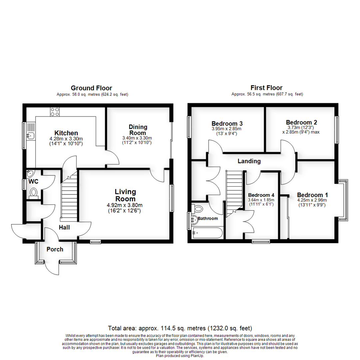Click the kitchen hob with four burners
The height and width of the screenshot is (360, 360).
[55, 112]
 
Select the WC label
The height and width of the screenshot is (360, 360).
[33, 182]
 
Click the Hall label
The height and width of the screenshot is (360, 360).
[64, 227]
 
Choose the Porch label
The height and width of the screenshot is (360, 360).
[55, 249]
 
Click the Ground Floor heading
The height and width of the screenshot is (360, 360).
[91, 88]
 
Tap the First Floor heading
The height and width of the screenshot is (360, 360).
[267, 88]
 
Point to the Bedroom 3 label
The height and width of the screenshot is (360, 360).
[227, 122]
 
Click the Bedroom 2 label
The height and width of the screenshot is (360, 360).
[301, 122]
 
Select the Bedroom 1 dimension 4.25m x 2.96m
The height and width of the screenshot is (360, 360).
[312, 200]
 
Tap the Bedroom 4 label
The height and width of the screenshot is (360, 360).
[261, 195]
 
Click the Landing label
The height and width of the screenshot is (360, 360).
[249, 161]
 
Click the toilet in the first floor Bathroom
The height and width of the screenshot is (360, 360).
[198, 209]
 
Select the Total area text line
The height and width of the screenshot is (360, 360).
[180, 328]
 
